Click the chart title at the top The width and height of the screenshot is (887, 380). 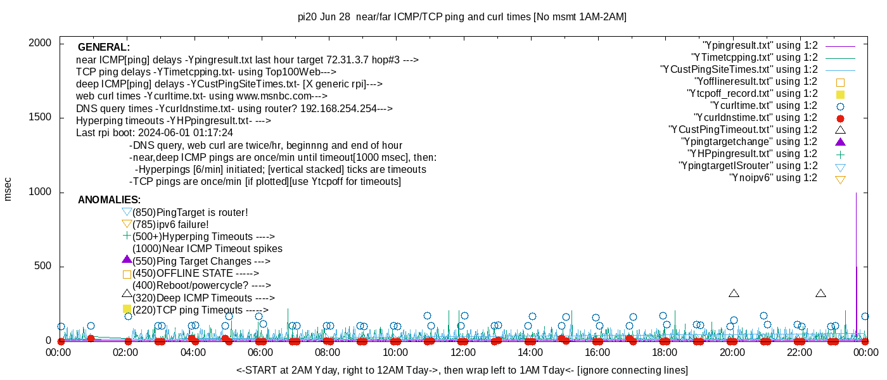(x=462, y=17)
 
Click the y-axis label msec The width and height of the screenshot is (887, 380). (x=8, y=189)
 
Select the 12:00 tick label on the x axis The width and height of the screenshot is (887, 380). (x=463, y=352)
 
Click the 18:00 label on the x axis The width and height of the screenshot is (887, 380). (x=664, y=352)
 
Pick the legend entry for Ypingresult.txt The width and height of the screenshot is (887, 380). (x=760, y=46)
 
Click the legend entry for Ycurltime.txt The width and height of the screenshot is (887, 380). (x=764, y=106)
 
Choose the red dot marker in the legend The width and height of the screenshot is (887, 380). (x=841, y=118)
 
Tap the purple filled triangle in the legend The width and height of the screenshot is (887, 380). (x=841, y=142)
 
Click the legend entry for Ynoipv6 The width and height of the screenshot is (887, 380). (x=774, y=178)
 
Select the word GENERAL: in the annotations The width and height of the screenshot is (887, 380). (x=104, y=47)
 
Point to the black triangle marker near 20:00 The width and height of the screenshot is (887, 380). (x=734, y=293)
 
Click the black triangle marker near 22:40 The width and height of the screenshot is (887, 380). (x=820, y=293)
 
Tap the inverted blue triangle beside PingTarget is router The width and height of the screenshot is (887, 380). (x=127, y=212)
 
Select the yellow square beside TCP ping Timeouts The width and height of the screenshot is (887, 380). (x=127, y=309)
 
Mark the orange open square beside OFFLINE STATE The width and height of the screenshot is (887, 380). (x=127, y=274)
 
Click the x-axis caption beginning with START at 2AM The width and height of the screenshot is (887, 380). (x=462, y=370)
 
